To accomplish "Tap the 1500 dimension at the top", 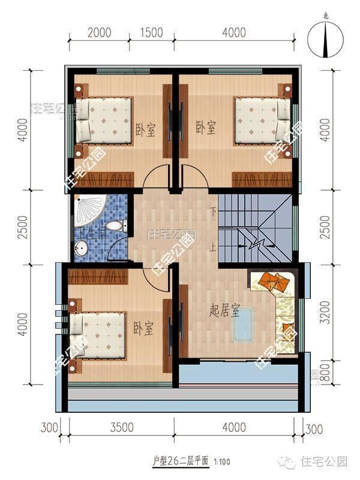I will coord(153,32).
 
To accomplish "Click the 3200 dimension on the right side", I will coord(326,309).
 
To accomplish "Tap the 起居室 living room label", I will coord(224,311).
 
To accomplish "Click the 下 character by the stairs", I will coord(213,211).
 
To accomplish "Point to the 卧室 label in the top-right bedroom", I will coord(206,127).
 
